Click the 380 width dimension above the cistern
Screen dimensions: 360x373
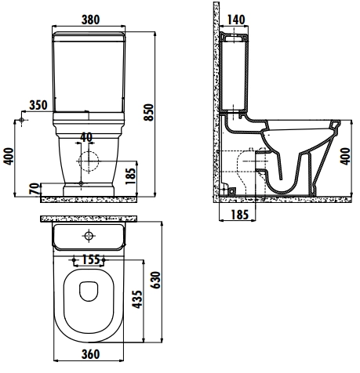pos(90,20)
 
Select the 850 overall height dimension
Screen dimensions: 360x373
pos(149,112)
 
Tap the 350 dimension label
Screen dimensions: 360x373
pos(38,105)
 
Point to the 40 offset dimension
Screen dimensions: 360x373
pos(86,137)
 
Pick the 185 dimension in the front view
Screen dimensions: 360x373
pos(131,176)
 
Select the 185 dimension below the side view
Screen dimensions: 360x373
pos(239,215)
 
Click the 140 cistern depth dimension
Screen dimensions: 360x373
pos(236,20)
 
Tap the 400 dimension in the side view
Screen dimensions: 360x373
pos(345,156)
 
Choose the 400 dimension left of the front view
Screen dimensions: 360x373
pos(9,156)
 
